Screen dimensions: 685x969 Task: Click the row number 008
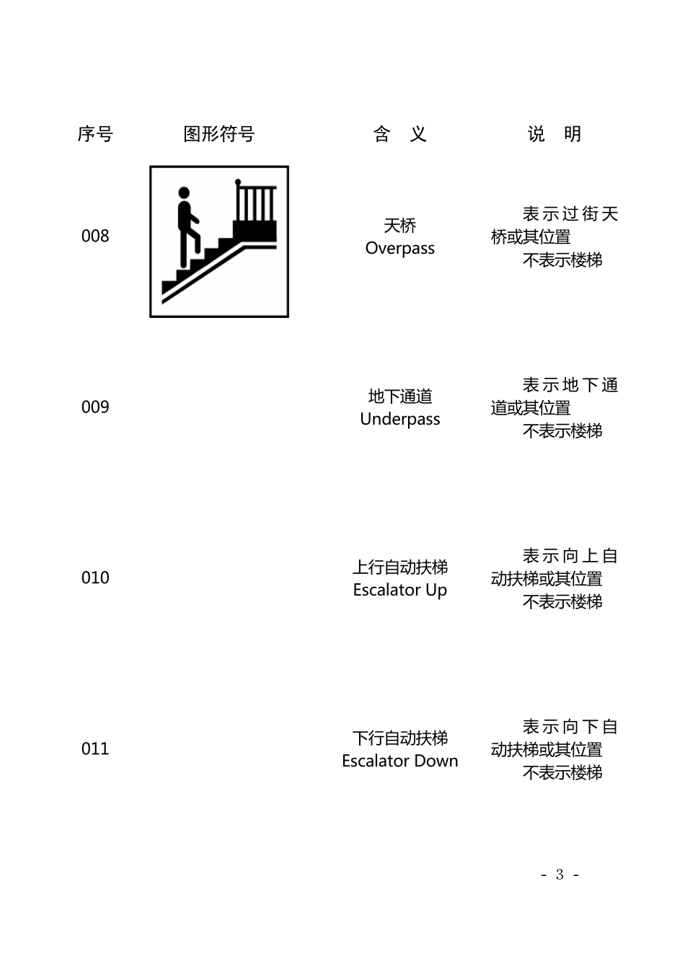click(95, 236)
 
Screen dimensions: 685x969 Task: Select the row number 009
click(95, 407)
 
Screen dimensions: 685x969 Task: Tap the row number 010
click(95, 578)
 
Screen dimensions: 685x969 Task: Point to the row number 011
click(95, 749)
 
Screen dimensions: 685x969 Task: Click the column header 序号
click(95, 134)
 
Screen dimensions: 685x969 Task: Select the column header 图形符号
click(219, 134)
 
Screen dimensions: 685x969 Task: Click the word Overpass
click(400, 249)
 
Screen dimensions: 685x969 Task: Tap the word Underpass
click(400, 420)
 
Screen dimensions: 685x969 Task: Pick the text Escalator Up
click(400, 590)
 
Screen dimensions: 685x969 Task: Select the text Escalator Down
click(400, 761)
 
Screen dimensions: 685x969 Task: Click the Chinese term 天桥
click(400, 226)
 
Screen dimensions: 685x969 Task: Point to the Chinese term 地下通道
click(400, 397)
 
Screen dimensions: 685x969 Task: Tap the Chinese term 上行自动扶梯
click(400, 567)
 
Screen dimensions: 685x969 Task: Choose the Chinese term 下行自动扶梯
click(400, 738)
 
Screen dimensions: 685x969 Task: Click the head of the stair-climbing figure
click(184, 193)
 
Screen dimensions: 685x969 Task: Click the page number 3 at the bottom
click(560, 875)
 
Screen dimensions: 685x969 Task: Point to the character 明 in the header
click(573, 134)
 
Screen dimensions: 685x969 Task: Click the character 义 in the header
click(418, 134)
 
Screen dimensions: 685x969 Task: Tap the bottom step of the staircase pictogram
click(169, 286)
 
